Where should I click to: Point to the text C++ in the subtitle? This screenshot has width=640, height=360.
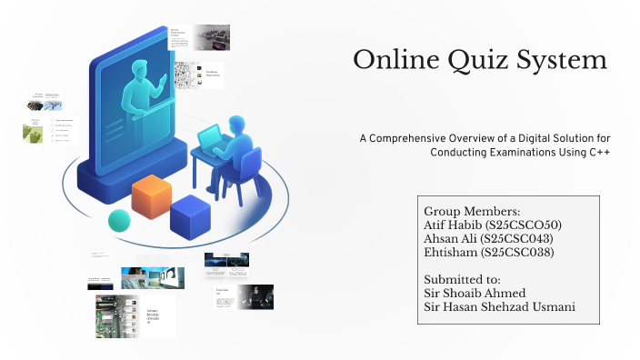tap(598, 152)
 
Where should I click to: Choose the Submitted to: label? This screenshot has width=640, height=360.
tap(462, 279)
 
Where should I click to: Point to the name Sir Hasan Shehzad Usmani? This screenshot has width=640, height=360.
tap(499, 306)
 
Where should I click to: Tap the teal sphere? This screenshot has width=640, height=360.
tap(119, 220)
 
